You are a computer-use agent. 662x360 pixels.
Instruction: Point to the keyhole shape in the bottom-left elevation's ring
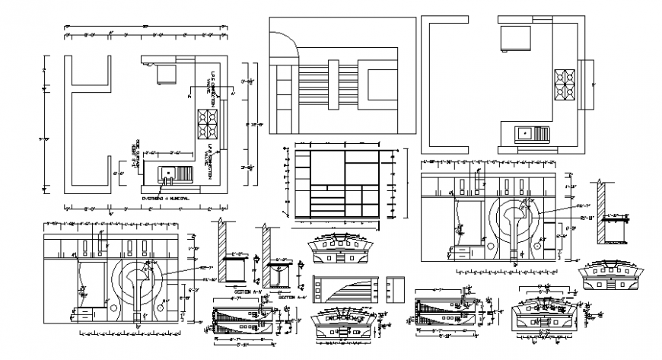138,285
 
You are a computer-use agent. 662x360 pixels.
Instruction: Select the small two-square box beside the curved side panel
396,290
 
